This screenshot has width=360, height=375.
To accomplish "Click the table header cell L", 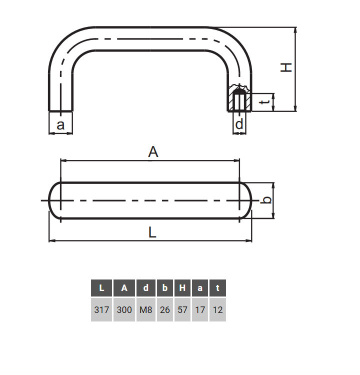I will coord(101,288).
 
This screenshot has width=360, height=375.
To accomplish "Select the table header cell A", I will coord(124,288).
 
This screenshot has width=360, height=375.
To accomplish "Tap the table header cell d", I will coord(146,288).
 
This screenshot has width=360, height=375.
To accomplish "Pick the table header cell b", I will coord(165,288).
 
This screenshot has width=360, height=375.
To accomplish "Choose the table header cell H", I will coord(182,288).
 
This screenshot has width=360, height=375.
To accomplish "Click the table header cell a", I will coord(200,288).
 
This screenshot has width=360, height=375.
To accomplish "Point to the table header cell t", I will coord(217,288).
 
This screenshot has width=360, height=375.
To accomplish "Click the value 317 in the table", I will coord(101,310).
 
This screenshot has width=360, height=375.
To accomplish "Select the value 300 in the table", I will coord(124,310).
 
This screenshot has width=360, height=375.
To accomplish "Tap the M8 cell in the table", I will coord(146,310).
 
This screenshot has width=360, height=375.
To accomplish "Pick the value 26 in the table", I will coord(165,310).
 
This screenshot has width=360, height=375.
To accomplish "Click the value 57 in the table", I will coord(182,310).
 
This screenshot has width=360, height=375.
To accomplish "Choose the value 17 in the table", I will coord(200,310).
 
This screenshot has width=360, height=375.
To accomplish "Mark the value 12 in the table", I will coord(217,310).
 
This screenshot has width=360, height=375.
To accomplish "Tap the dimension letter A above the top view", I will coord(153,152).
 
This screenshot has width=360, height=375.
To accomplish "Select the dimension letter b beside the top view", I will coord(267,200).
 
